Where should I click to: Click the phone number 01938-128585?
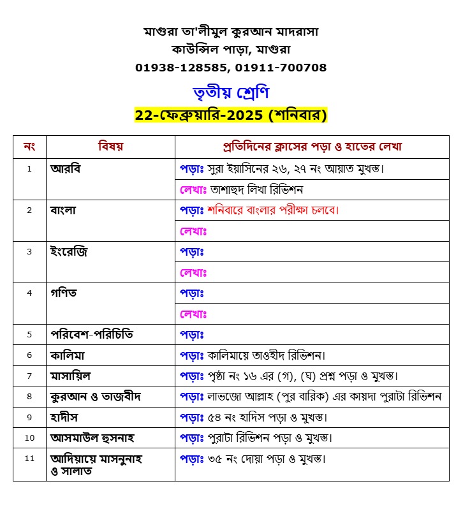click(x=182, y=67)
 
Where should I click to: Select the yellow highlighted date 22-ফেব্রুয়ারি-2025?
click(x=200, y=115)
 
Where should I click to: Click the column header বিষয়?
click(x=110, y=147)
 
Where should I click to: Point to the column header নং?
click(x=29, y=147)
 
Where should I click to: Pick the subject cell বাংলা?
click(x=64, y=210)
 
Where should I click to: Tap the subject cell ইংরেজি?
click(x=69, y=252)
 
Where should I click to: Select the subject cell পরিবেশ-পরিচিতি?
click(x=92, y=334)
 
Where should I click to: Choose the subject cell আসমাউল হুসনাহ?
click(x=92, y=438)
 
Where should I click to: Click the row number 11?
click(x=29, y=458)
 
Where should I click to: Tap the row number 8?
click(x=29, y=396)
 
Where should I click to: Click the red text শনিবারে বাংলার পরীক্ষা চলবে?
click(x=272, y=210)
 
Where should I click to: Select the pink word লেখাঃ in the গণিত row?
click(x=194, y=314)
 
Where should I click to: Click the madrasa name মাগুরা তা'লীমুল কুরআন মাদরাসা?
click(x=231, y=31)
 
